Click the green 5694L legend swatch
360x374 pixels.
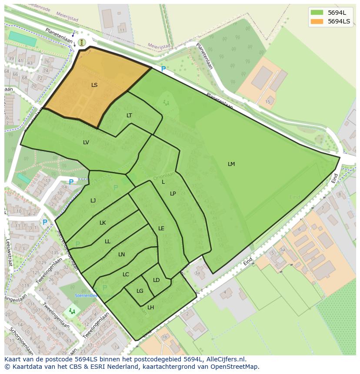coord(317,13)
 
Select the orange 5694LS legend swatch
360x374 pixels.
coord(317,21)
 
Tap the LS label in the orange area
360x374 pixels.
coord(94,85)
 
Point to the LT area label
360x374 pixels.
coord(129,116)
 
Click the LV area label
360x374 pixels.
coord(86,142)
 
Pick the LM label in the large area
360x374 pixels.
coord(231,164)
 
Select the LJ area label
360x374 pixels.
coord(93,201)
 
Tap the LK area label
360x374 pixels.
coord(103,223)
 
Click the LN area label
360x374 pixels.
coord(122,255)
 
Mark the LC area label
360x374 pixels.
coord(126,275)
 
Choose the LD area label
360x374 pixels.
coord(157,280)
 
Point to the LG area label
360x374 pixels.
coord(140,291)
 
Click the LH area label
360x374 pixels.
coord(151,308)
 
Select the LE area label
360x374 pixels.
coord(161,228)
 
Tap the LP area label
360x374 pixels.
coord(173,194)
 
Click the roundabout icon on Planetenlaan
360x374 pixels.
coord(82,42)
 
